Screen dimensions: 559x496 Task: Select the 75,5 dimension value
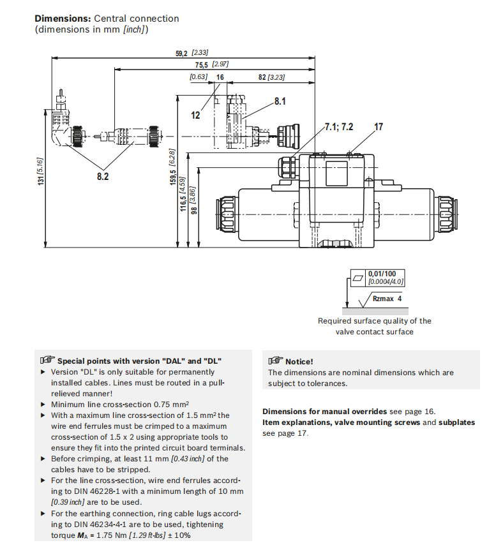(202, 65)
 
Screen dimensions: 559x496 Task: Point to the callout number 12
(196, 116)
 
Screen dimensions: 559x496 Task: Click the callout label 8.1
(280, 101)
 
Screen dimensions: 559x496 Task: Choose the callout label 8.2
(103, 176)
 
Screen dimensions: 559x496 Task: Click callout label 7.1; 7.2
(338, 126)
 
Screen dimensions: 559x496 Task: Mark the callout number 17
(379, 126)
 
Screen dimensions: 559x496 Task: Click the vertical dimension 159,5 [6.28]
(172, 167)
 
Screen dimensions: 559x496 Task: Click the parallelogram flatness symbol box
(357, 278)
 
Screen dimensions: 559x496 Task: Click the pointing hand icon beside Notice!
(275, 361)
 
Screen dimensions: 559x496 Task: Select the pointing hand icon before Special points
(47, 361)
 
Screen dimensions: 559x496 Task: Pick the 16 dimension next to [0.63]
(220, 77)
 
